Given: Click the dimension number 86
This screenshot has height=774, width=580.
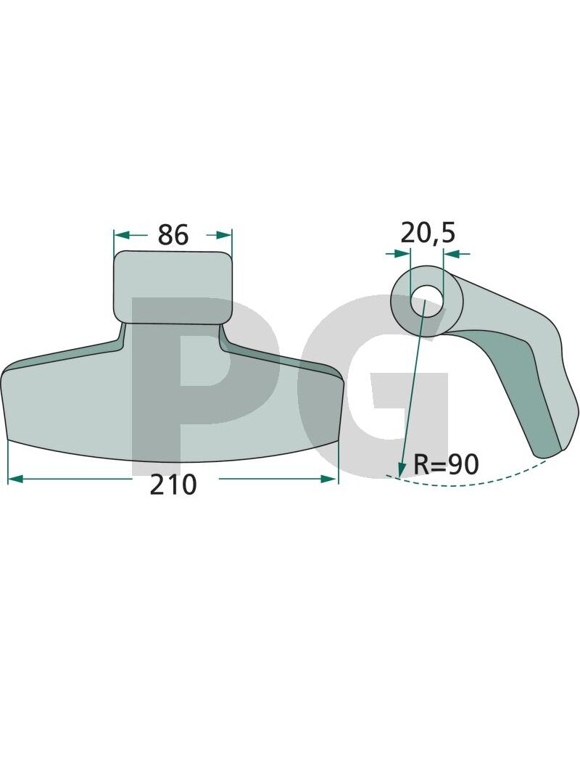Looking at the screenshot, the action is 173,235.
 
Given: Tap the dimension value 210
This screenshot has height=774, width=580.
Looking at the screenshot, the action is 173,485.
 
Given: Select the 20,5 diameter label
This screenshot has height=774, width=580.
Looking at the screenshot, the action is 428,233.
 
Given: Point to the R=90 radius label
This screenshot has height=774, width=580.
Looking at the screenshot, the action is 446,464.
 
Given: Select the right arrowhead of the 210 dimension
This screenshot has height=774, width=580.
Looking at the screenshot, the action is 330,479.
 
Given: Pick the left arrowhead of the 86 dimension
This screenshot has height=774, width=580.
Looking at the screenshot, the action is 121,235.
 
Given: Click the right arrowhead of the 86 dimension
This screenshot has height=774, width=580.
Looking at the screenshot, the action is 223,235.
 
